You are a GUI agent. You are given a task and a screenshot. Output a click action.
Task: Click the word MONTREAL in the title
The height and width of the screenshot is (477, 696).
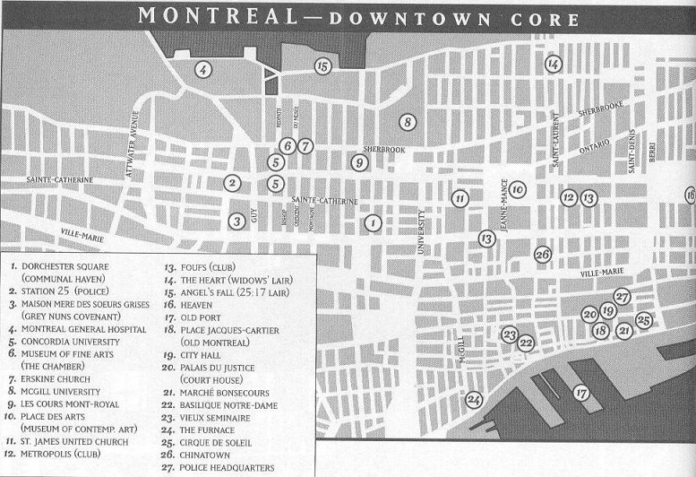[205, 15]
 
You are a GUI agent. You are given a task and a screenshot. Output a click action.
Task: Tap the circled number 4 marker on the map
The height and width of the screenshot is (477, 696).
[203, 69]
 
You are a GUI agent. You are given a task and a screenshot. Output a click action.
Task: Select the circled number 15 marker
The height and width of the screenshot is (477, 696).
[322, 65]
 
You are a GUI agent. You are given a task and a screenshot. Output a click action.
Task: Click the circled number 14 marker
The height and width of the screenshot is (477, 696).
[553, 64]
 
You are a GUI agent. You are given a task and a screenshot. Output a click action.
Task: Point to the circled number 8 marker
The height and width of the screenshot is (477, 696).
[407, 122]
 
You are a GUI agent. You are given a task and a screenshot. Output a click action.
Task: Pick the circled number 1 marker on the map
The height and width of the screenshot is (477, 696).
[373, 222]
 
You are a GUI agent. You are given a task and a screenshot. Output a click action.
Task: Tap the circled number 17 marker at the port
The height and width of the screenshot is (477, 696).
[580, 392]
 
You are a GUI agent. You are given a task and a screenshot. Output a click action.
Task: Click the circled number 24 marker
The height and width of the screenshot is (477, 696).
[474, 400]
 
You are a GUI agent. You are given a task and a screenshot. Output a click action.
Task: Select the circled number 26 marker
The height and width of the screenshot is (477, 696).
[542, 255]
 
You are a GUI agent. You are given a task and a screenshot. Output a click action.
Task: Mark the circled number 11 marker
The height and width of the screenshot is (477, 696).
[460, 198]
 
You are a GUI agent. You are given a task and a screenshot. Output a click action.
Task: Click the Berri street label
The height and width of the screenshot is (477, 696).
[652, 152]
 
